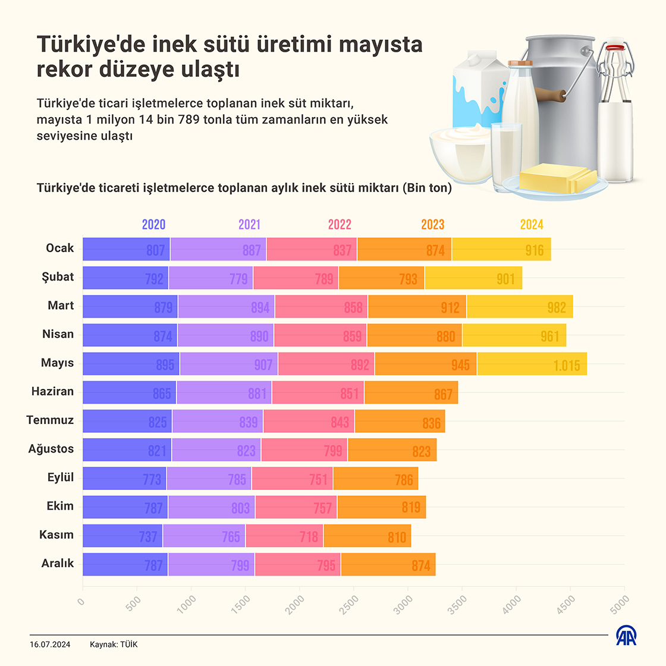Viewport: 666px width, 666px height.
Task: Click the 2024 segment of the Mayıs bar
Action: click(532, 363)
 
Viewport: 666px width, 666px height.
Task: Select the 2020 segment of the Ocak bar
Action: click(126, 249)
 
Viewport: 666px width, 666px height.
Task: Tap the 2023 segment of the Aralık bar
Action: click(388, 564)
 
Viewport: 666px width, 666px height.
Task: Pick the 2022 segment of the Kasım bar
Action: click(284, 536)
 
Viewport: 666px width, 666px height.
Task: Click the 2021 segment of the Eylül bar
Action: click(209, 478)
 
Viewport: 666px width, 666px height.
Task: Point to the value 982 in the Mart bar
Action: click(557, 307)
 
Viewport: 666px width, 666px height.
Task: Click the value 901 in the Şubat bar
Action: click(505, 279)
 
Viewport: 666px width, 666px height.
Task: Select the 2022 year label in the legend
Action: click(340, 224)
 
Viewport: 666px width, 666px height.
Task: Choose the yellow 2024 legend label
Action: click(532, 224)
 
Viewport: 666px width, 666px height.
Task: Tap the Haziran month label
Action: click(52, 391)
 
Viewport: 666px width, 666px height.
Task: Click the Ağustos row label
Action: click(51, 449)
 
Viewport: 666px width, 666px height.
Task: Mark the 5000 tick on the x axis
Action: click(620, 603)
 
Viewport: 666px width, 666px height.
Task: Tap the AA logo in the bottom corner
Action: click(626, 636)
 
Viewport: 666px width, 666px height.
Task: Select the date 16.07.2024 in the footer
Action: click(50, 645)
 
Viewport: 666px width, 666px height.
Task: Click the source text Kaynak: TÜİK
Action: click(114, 645)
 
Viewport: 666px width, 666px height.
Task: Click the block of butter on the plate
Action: click(557, 177)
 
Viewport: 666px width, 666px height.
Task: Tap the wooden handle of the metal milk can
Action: click(550, 94)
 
